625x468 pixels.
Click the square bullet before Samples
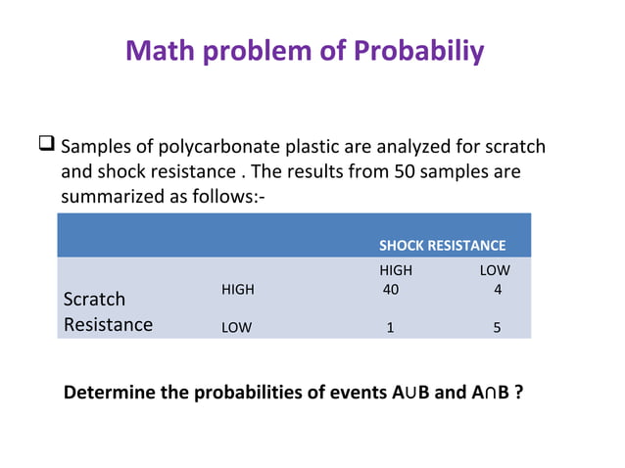[46, 147]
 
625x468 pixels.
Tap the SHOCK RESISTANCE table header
[442, 246]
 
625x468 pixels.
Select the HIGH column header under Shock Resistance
[396, 270]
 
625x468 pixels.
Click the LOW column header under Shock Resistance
[495, 270]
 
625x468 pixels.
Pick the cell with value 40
[391, 290]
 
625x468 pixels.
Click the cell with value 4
[498, 290]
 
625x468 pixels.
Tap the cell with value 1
[390, 328]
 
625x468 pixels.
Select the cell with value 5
[497, 328]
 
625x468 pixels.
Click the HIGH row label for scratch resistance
[238, 290]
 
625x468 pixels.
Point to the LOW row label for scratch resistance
[236, 328]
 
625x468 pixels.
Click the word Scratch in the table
[94, 299]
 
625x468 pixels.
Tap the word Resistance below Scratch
[108, 324]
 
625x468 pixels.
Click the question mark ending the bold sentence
[517, 394]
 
